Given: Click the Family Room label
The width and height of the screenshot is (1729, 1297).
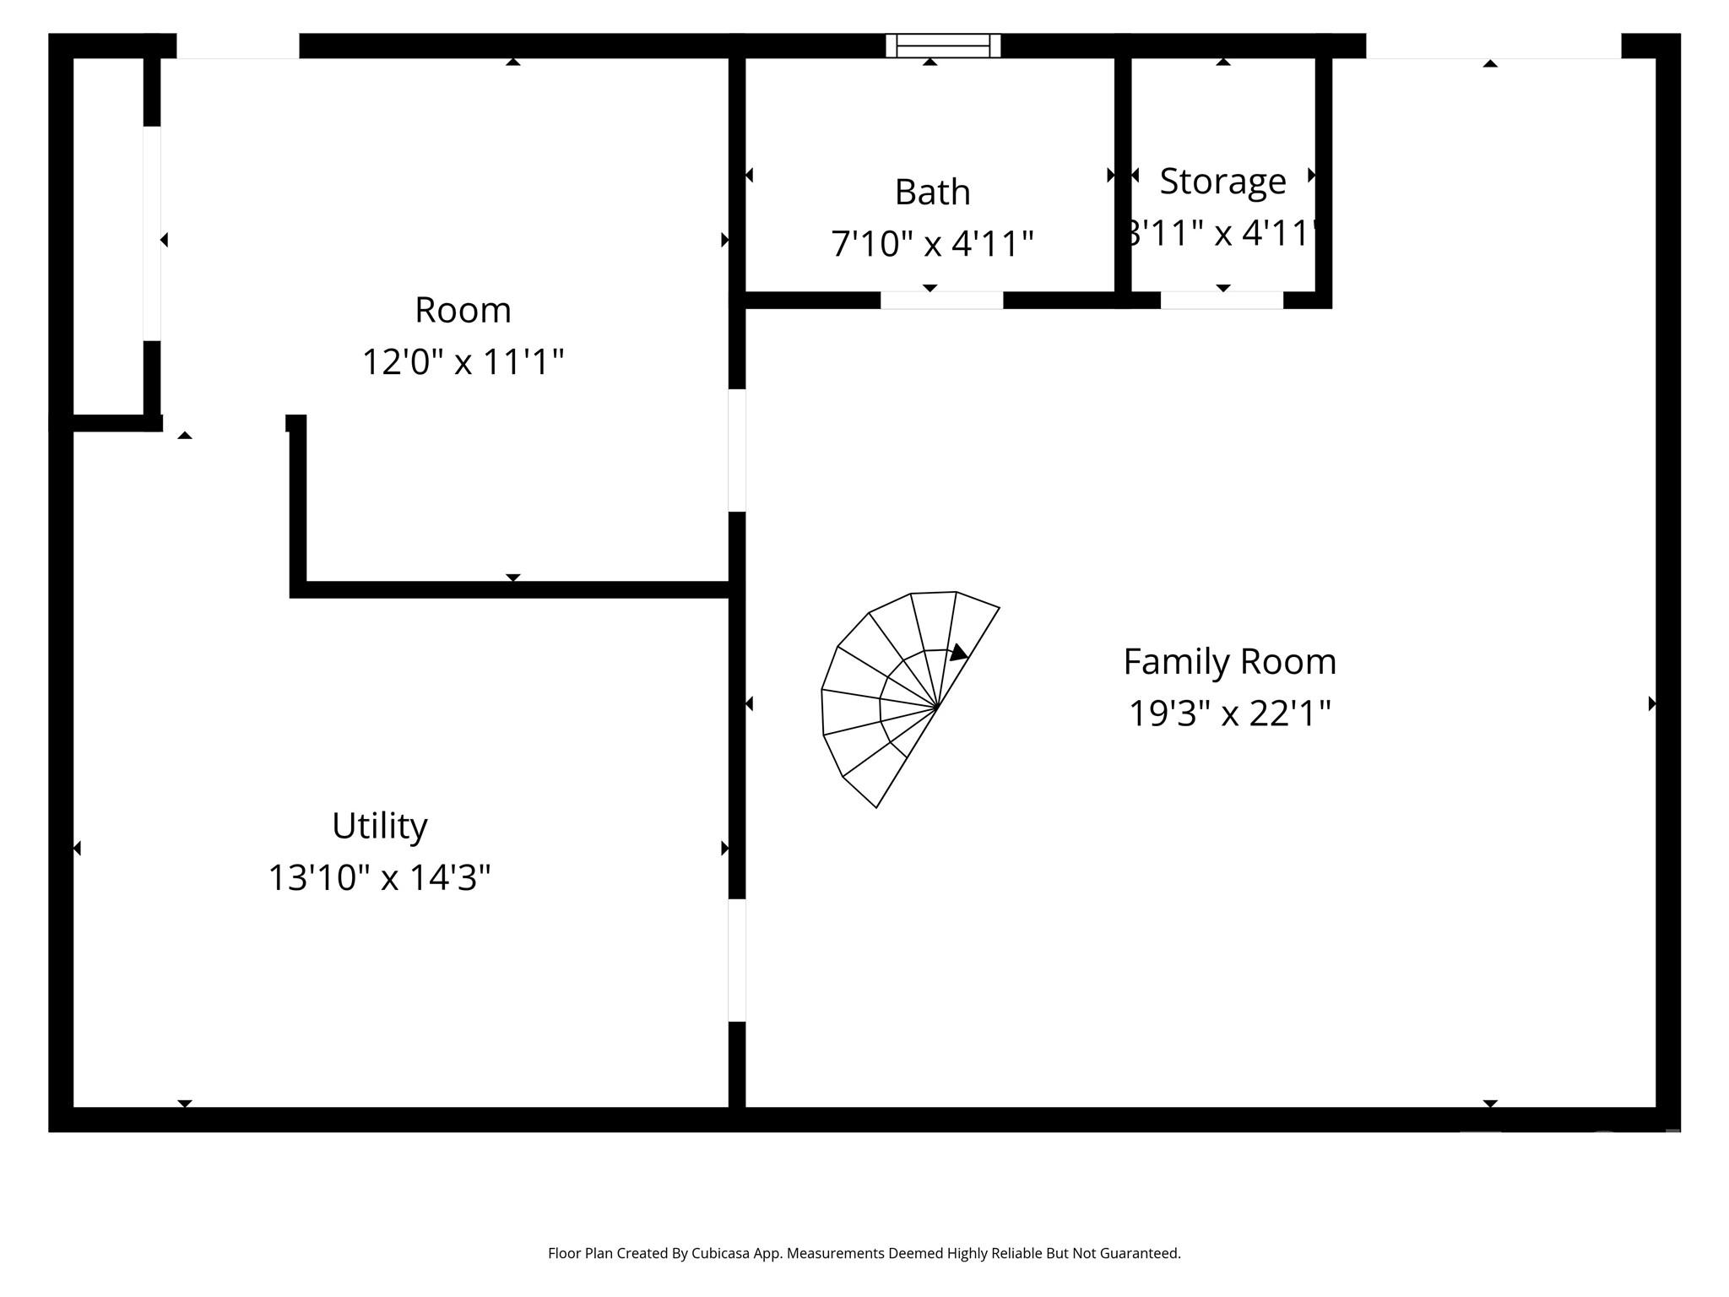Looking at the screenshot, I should [x=1229, y=661].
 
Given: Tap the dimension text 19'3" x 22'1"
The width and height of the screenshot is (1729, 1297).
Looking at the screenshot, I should [x=1229, y=714].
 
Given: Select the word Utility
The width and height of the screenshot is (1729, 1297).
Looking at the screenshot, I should [x=379, y=826].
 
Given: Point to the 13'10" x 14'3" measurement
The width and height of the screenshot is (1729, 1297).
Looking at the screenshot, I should [x=379, y=877].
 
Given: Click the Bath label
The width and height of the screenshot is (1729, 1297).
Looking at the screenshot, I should [x=932, y=193].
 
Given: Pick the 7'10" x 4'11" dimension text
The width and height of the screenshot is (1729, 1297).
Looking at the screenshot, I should [x=932, y=244].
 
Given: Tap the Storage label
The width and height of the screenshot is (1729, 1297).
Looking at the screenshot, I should [x=1222, y=181].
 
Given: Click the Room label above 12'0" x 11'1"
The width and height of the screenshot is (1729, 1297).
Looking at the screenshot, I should [x=463, y=310].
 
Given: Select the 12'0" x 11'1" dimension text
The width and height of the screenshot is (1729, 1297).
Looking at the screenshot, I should [x=463, y=362].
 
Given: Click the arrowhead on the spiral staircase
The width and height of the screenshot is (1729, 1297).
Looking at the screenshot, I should [x=958, y=653].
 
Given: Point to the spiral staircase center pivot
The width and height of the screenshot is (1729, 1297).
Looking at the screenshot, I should [x=937, y=707].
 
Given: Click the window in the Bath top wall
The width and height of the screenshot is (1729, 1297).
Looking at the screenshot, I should [x=943, y=46].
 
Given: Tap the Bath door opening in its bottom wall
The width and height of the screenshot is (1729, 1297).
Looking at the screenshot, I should [x=941, y=300].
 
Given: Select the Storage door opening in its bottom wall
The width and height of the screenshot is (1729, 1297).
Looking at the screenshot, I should [x=1222, y=300].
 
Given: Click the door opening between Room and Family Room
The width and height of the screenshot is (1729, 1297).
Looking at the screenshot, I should [x=737, y=450].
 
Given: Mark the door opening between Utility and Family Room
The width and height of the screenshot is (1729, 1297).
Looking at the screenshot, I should [x=737, y=960].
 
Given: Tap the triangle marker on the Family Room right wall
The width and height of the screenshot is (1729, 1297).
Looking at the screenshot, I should [x=1651, y=703].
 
